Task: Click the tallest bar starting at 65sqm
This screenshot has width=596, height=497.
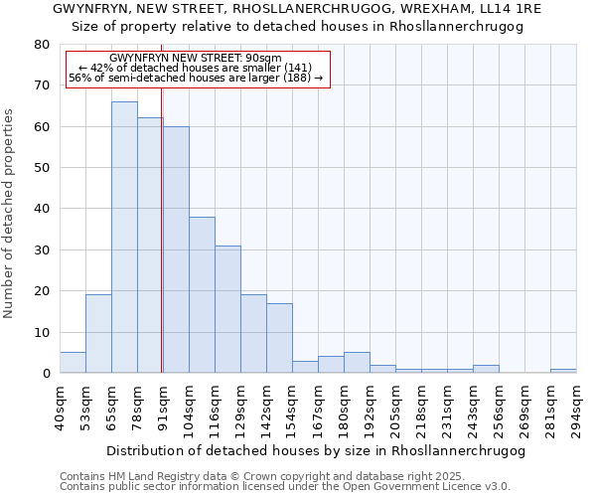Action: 124,238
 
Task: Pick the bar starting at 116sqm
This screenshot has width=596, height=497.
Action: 227,309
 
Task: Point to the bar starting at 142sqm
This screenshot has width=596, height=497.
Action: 279,338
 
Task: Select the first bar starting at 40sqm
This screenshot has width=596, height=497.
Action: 73,363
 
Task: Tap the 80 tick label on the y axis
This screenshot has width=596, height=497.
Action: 42,45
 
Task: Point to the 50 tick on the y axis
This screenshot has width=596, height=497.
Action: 42,168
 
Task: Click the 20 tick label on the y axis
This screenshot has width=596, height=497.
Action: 42,291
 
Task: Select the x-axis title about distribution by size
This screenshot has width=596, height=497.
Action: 315,450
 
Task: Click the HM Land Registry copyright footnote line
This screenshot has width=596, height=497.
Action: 255,476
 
